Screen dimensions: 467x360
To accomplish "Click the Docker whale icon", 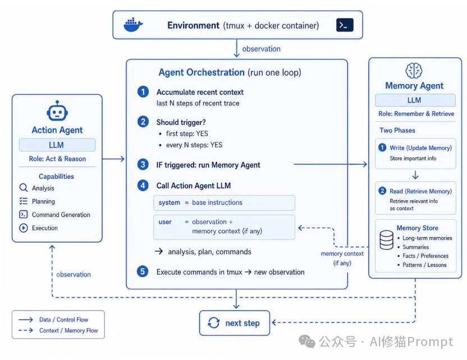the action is pyautogui.click(x=133, y=25).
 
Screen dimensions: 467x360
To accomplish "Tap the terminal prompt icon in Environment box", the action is pyautogui.click(x=345, y=25).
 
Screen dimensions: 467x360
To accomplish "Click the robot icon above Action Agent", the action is pyautogui.click(x=57, y=110).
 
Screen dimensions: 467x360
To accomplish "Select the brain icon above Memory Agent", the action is pyautogui.click(x=414, y=71).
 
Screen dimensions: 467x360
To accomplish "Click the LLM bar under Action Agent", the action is pyautogui.click(x=57, y=145).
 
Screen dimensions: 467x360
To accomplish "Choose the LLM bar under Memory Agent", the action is pyautogui.click(x=415, y=100).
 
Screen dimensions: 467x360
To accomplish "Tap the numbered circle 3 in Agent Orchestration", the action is pyautogui.click(x=143, y=164).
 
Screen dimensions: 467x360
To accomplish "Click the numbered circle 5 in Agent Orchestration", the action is pyautogui.click(x=143, y=271).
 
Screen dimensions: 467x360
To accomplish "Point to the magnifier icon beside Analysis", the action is pyautogui.click(x=24, y=188).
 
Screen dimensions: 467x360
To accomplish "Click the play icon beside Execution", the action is pyautogui.click(x=24, y=228).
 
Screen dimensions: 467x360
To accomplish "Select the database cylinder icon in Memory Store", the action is pyautogui.click(x=387, y=240).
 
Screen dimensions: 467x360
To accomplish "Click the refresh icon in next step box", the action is pyautogui.click(x=213, y=323).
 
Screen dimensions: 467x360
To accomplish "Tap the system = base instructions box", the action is pyautogui.click(x=225, y=202).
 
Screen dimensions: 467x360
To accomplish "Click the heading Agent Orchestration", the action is pyautogui.click(x=202, y=72).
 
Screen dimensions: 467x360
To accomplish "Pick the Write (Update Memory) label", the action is pyautogui.click(x=420, y=148).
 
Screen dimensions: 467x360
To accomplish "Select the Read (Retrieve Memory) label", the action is pyautogui.click(x=420, y=191).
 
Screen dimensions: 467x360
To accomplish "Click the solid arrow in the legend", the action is pyautogui.click(x=26, y=320).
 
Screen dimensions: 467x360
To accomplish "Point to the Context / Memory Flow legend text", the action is pyautogui.click(x=68, y=330).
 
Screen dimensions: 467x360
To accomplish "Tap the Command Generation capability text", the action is pyautogui.click(x=61, y=215).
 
